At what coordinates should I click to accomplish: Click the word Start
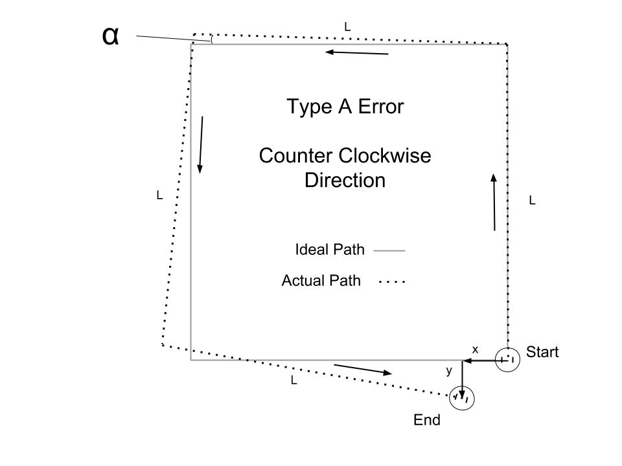pos(542,353)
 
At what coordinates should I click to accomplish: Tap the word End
pos(427,420)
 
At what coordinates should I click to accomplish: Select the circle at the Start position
pos(507,359)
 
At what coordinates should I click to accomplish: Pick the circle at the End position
pos(462,397)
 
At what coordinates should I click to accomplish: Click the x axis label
pos(475,349)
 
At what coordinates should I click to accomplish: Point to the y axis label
pos(448,371)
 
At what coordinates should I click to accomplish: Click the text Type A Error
pos(345,107)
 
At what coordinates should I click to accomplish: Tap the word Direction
pos(345,181)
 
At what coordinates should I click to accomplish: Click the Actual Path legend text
pos(321,282)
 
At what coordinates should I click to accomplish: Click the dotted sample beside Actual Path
pos(391,282)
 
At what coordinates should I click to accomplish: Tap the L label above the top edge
pos(347,27)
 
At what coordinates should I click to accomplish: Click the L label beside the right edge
pos(532,201)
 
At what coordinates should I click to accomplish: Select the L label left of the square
pos(159,195)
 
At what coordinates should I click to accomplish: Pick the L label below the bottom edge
pos(294,381)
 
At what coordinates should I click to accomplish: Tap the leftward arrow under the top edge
pos(357,52)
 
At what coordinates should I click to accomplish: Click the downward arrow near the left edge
pos(202,145)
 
